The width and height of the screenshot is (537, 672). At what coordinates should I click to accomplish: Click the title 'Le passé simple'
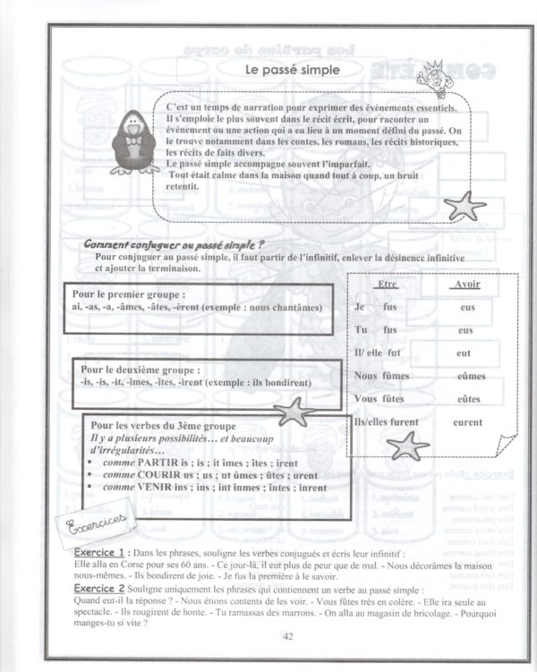pyautogui.click(x=286, y=68)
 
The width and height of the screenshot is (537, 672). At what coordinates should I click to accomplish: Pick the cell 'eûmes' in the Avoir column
pyautogui.click(x=465, y=376)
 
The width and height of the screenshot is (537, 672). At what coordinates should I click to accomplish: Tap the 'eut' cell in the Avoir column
pyautogui.click(x=464, y=353)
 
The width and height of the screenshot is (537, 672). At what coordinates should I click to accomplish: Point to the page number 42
pyautogui.click(x=287, y=637)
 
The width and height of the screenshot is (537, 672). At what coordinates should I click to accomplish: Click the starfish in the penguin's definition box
pyautogui.click(x=464, y=205)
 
